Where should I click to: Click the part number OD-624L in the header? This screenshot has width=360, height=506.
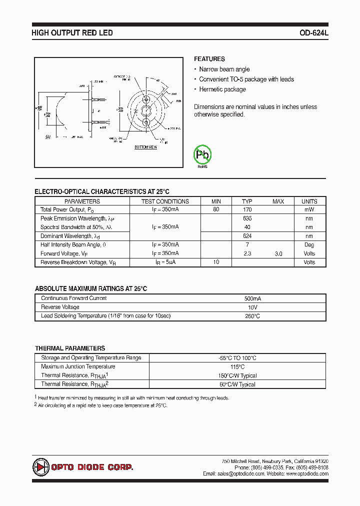coord(313,33)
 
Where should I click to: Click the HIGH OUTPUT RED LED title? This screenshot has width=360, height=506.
coord(72,33)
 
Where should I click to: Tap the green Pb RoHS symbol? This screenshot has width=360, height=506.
coord(202,155)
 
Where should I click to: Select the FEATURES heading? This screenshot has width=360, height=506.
coord(209,59)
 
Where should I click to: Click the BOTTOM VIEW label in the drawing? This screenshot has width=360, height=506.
coord(145,147)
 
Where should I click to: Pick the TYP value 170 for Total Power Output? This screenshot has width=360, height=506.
coord(247,210)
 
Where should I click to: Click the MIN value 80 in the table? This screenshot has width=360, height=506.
coord(216,210)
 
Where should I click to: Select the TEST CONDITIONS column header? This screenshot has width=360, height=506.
coord(165,201)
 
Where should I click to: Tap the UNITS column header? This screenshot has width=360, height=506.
coord(309,201)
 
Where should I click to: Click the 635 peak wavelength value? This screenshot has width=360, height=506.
coord(247,218)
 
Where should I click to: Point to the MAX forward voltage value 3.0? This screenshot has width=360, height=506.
coord(278,254)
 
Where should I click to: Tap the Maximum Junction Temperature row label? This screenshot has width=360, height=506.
coord(77,366)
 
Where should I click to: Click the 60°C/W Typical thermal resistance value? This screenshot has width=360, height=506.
coord(237,384)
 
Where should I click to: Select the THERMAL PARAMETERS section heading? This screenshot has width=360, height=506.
coord(70,348)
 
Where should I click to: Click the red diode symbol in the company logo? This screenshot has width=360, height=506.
coord(40,467)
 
